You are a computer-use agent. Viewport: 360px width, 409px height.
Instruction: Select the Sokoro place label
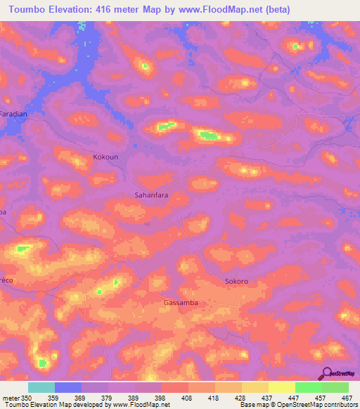(x=236, y=281)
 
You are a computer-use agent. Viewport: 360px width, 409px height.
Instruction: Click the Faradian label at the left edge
(x=13, y=113)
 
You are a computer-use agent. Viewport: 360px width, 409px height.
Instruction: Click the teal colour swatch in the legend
(x=41, y=387)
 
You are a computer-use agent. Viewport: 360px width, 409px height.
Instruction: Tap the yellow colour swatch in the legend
(x=281, y=387)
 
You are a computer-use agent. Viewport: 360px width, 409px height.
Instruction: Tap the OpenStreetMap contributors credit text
(x=318, y=404)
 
